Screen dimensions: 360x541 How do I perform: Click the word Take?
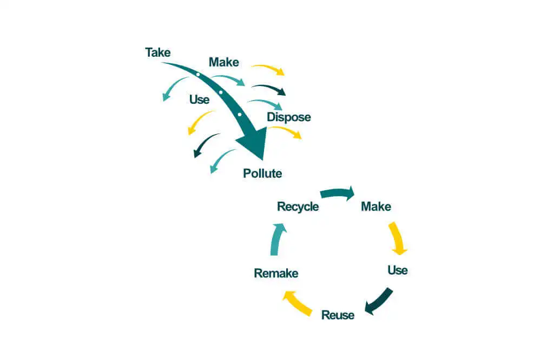point(158,52)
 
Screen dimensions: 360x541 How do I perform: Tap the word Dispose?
point(289,117)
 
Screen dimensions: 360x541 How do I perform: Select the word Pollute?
point(262,174)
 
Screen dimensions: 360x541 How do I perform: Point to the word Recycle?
point(298,206)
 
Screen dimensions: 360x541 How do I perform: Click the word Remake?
point(276,273)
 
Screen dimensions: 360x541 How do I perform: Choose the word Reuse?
point(338,315)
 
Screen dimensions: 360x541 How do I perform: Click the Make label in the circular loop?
point(376,206)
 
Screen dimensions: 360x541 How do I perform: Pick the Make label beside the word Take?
point(224,62)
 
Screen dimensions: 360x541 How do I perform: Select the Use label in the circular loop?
point(398,270)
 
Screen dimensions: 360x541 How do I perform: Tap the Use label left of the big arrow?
point(200,99)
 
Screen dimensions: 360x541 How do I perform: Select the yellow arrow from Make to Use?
point(398,237)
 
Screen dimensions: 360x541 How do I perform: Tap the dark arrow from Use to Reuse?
point(378,302)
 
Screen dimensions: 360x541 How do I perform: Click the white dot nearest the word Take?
point(199,75)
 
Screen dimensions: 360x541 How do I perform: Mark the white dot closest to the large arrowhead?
point(240,114)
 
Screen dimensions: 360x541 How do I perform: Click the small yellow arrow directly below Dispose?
point(286,131)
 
